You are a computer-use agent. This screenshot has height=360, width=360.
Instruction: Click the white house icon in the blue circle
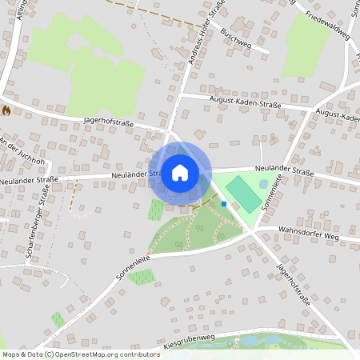point(180,173)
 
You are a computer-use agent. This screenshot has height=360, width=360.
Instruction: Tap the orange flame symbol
point(6,110)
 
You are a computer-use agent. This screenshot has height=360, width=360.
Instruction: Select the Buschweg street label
point(235,40)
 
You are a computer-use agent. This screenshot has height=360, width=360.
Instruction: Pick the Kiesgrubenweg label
point(194,341)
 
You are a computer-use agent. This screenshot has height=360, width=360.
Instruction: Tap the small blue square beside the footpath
point(224,204)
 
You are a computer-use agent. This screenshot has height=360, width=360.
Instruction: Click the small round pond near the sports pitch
point(264,183)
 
